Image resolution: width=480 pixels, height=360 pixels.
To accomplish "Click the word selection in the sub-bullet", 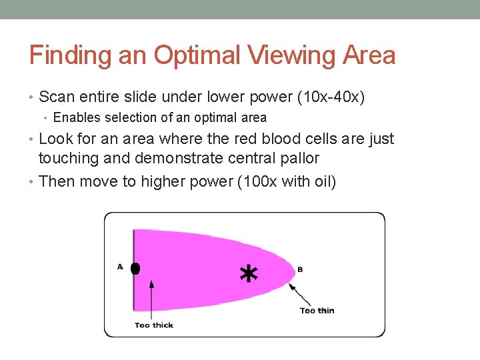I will [x=127, y=118].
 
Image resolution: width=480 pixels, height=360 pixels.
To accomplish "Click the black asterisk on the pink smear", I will [x=249, y=273].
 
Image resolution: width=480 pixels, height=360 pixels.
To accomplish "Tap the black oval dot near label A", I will [x=135, y=269].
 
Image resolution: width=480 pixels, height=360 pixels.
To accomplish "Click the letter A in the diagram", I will [x=120, y=267].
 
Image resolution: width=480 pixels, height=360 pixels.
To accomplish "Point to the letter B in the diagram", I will [x=300, y=269].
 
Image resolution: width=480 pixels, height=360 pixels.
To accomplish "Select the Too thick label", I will [x=153, y=325].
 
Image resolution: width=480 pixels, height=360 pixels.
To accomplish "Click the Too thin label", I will [x=317, y=311].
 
